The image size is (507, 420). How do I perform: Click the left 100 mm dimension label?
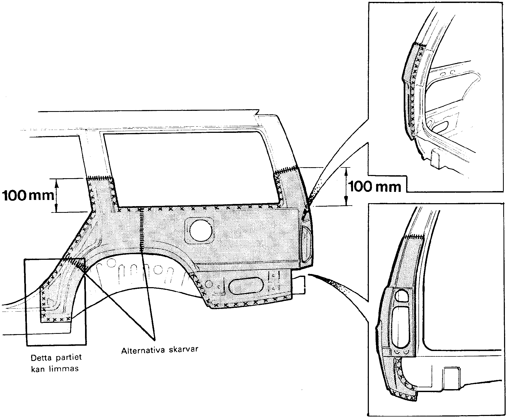[28, 196]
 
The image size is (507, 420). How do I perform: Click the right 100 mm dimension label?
[374, 186]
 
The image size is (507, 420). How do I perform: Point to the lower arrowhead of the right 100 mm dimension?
[346, 202]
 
